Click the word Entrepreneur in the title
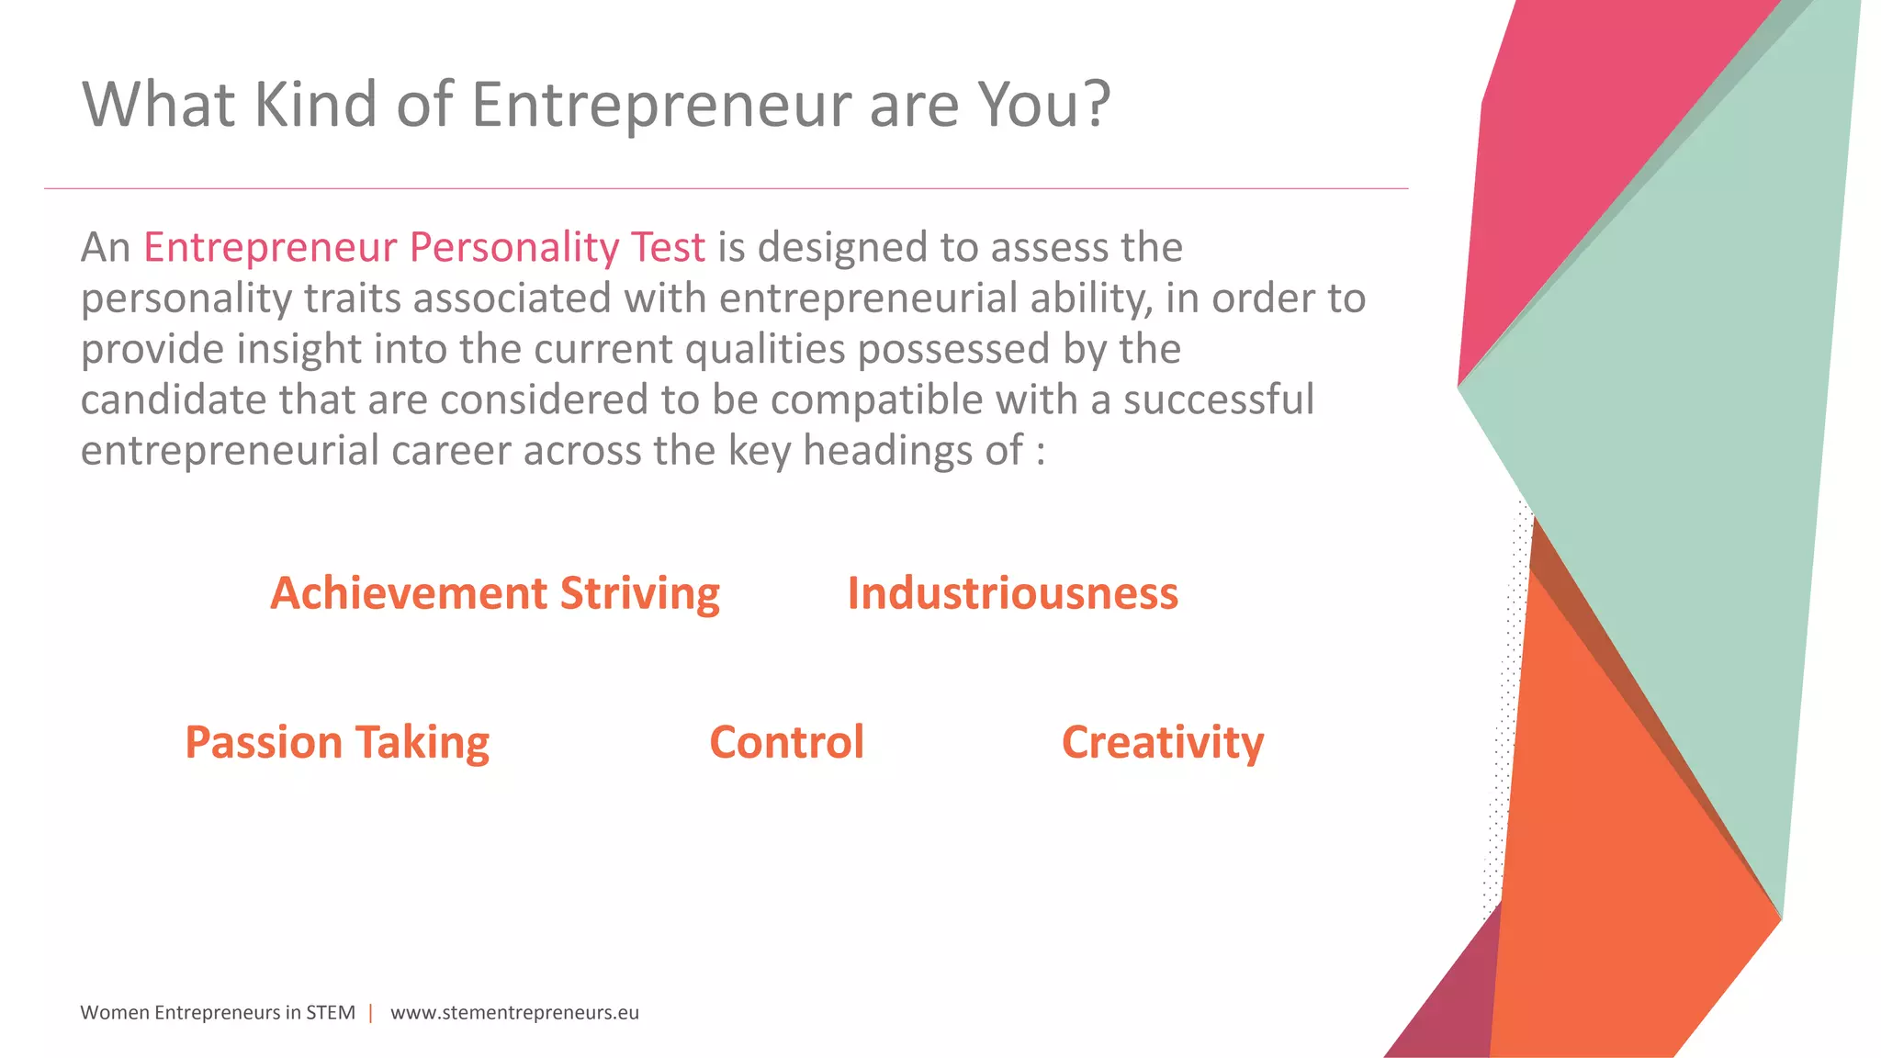pyautogui.click(x=661, y=106)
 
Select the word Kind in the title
pyautogui.click(x=314, y=104)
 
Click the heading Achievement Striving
pyautogui.click(x=495, y=594)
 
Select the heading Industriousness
pyautogui.click(x=1012, y=593)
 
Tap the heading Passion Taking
pyautogui.click(x=337, y=743)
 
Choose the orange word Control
pyautogui.click(x=786, y=742)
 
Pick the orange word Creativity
pyautogui.click(x=1163, y=743)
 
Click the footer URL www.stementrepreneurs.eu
pyautogui.click(x=514, y=1013)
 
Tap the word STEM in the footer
pyautogui.click(x=331, y=1013)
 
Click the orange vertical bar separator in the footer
pyautogui.click(x=371, y=1013)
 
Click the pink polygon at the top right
pyautogui.click(x=1561, y=165)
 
